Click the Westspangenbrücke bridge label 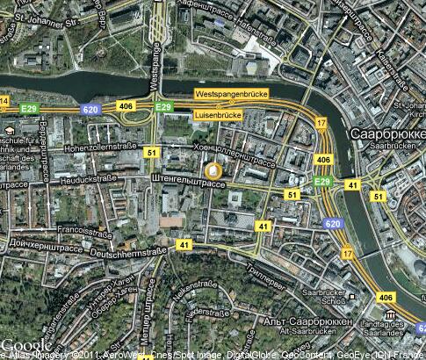(232, 93)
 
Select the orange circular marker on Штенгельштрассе (212, 170)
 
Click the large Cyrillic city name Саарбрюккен (386, 134)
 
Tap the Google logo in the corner (26, 345)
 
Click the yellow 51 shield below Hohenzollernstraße (152, 153)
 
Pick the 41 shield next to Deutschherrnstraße (183, 244)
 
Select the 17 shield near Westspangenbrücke (321, 123)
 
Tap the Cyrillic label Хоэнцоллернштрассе (236, 153)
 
